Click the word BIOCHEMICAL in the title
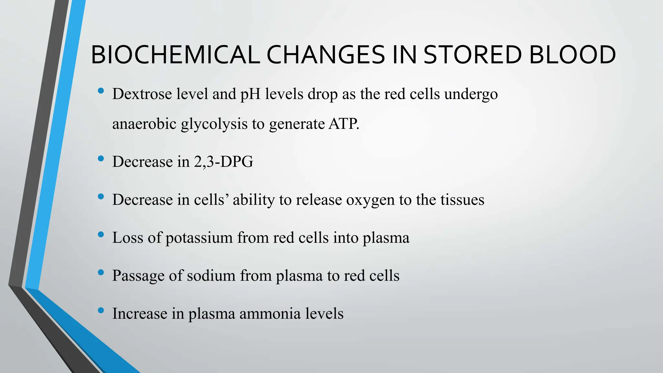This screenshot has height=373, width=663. click(x=175, y=55)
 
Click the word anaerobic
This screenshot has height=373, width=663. click(x=144, y=124)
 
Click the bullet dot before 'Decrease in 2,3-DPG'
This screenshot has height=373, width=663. click(x=101, y=159)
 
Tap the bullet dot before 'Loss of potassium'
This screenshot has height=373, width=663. click(x=101, y=234)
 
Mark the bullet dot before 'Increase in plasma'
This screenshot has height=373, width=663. click(x=101, y=310)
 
